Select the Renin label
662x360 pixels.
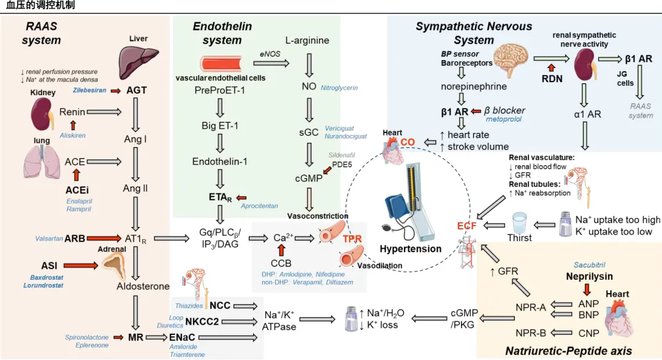tap(72, 112)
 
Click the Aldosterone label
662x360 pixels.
tap(143, 286)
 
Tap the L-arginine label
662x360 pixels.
tap(307, 40)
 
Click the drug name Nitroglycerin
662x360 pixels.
tap(339, 88)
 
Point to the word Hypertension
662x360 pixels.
tap(411, 249)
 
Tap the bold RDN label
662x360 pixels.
tap(552, 79)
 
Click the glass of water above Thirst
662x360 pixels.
tap(520, 221)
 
